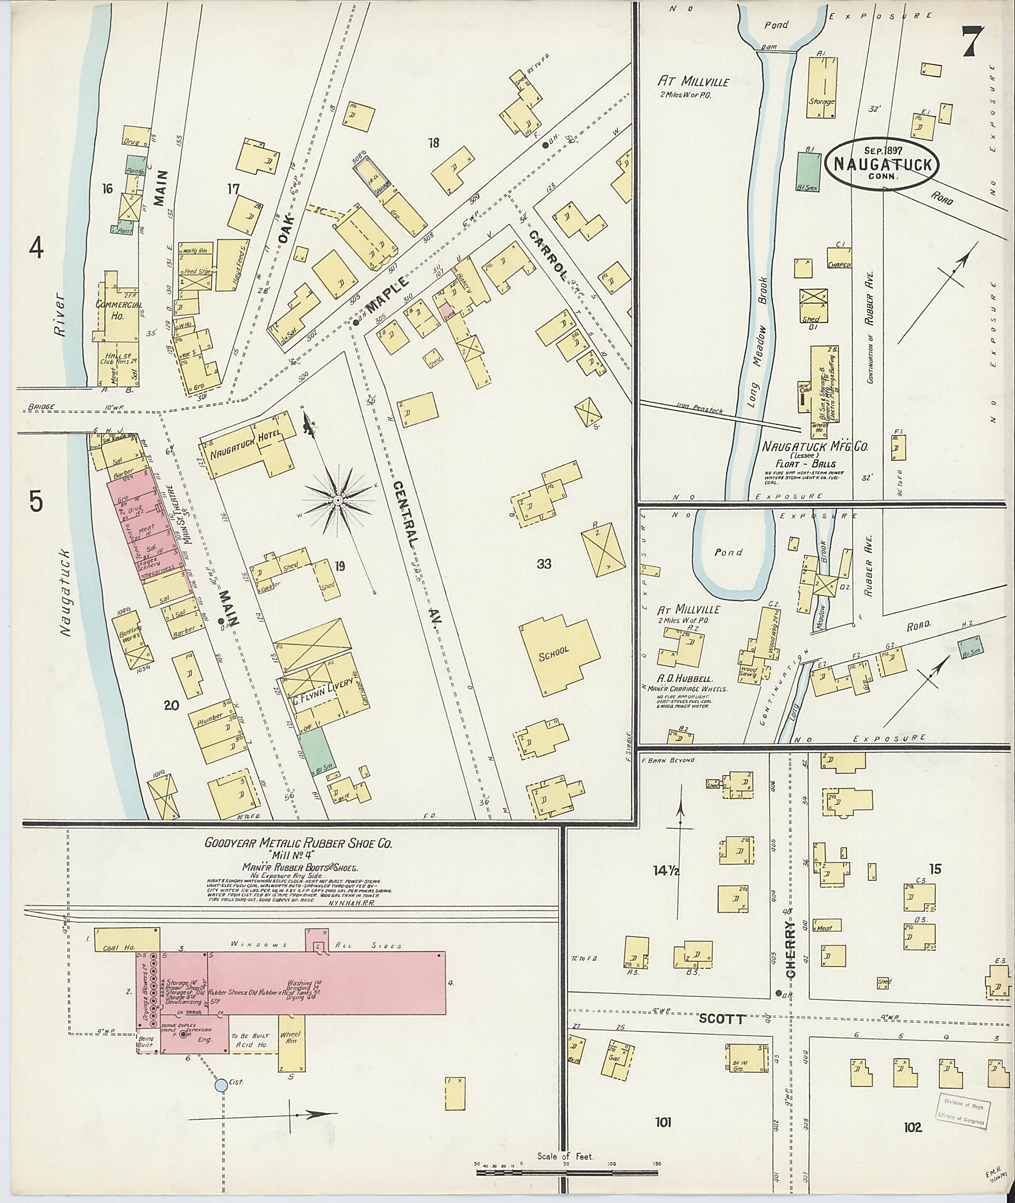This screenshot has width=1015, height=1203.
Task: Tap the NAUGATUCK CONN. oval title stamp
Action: pyautogui.click(x=883, y=164)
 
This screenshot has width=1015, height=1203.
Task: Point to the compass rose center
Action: pyautogui.click(x=339, y=501)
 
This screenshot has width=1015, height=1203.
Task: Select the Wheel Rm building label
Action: pyautogui.click(x=290, y=1038)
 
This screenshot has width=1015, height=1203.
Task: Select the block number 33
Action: pyautogui.click(x=544, y=564)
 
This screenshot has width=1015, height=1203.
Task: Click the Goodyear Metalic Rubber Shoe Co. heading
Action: pyautogui.click(x=299, y=843)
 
